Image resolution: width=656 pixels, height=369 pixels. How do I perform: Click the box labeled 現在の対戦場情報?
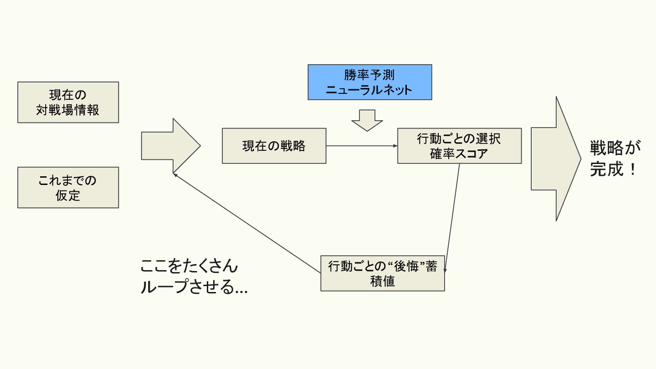click(68, 102)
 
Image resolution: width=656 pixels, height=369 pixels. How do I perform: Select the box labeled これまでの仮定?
click(68, 187)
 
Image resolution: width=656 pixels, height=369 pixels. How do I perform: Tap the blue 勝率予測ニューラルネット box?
click(369, 82)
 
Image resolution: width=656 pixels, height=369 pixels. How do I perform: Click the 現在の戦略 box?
click(274, 146)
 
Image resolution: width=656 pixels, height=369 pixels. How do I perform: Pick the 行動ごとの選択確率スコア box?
click(459, 146)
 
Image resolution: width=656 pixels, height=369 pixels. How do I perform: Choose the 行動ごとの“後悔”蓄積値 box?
click(382, 273)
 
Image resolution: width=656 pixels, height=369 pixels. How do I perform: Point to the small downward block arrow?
click(367, 119)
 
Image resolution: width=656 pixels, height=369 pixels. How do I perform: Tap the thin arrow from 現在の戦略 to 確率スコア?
click(362, 146)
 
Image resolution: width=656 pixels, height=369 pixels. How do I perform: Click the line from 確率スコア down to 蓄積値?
click(452, 218)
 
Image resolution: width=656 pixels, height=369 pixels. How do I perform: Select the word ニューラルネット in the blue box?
click(369, 89)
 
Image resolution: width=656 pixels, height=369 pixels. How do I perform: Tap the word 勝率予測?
click(369, 75)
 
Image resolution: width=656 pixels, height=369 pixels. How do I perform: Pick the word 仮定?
click(68, 195)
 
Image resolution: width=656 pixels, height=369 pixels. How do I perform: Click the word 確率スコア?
click(459, 154)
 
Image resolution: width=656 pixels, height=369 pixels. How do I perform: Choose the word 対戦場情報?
click(68, 110)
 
